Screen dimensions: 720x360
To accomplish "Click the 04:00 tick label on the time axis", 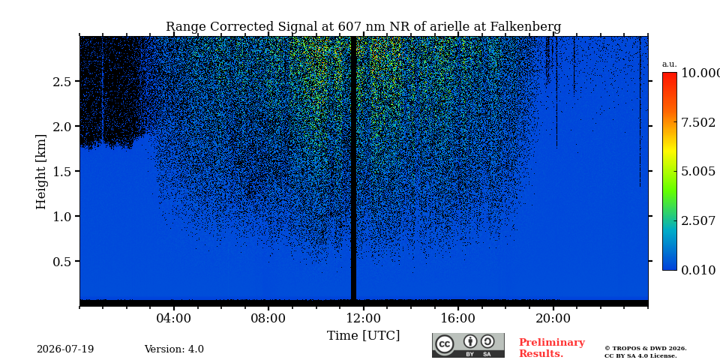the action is (173, 318).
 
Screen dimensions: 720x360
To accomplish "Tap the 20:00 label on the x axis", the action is (553, 318).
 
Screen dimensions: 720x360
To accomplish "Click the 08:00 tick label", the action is (268, 318).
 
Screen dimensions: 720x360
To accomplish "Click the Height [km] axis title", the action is (41, 172).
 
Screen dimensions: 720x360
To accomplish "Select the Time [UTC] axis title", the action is (363, 336).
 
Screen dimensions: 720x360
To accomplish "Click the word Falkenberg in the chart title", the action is (526, 27).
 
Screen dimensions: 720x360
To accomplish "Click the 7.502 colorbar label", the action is (698, 122).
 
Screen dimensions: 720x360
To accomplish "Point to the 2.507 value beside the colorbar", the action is (698, 220).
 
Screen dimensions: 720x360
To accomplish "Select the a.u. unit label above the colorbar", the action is (670, 64).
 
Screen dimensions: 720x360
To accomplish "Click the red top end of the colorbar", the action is (670, 73).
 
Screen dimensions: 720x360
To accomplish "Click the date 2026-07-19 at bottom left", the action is (65, 349).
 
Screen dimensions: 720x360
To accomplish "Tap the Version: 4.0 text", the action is (174, 349).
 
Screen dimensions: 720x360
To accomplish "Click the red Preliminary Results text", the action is (552, 348).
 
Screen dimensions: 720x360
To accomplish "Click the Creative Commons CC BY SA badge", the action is (468, 345).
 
